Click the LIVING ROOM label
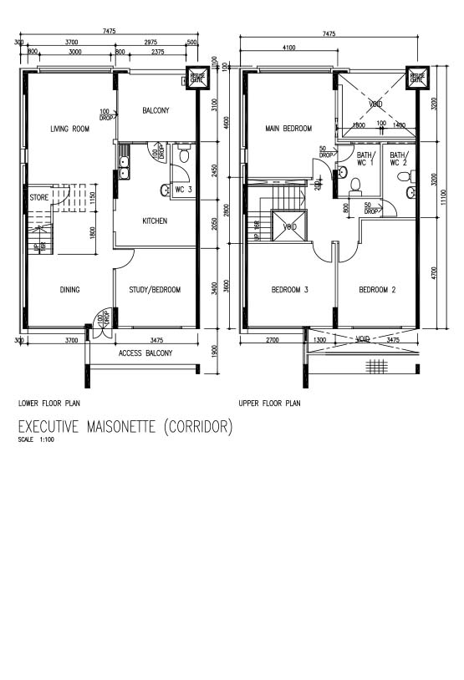[69, 129]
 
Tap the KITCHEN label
[154, 221]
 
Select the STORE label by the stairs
[38, 198]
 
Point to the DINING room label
[69, 290]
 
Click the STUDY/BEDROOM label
[155, 290]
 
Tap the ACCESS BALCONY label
[145, 353]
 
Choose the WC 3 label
[184, 190]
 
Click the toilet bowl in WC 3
[184, 155]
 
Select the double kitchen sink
[123, 168]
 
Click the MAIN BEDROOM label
[288, 129]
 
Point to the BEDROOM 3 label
[290, 290]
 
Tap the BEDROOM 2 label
[376, 290]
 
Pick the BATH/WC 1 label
[366, 159]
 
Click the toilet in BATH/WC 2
[410, 193]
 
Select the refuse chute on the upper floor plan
[416, 79]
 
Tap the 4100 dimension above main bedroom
[289, 48]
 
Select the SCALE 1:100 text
[35, 440]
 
